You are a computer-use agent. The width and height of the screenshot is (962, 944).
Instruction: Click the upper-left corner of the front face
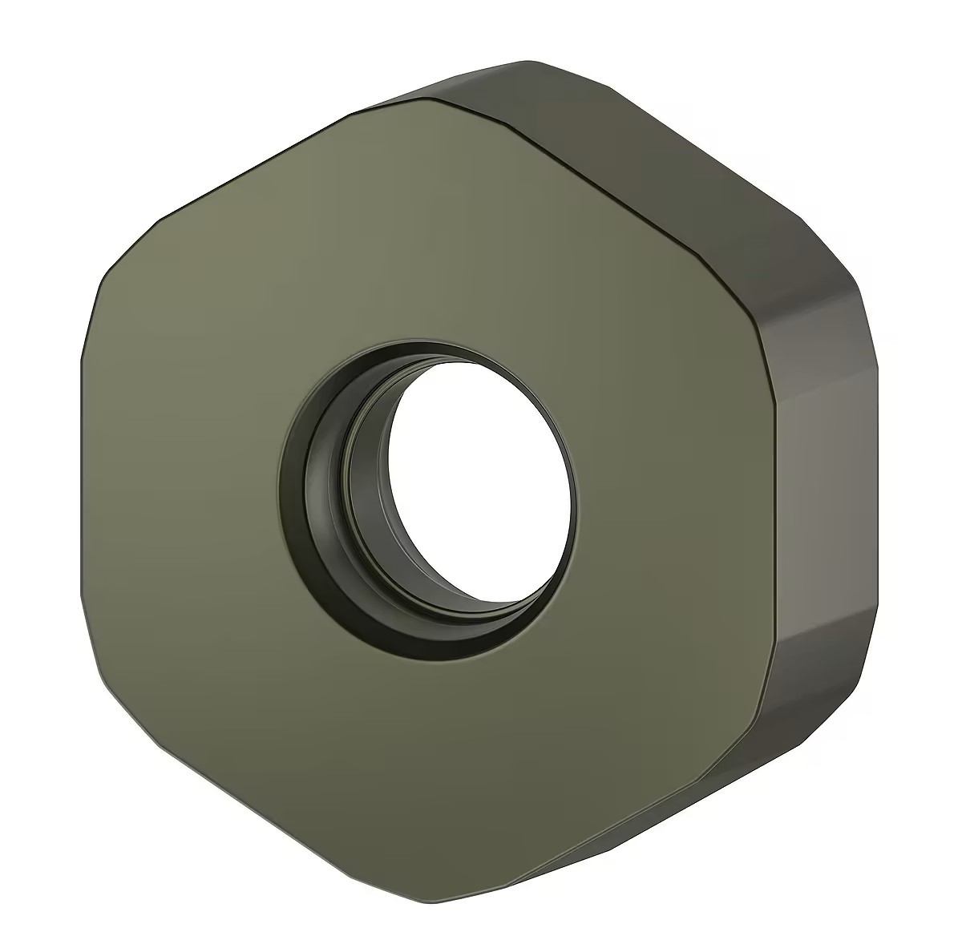click(120, 248)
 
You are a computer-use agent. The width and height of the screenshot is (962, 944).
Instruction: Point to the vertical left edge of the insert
click(83, 473)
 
